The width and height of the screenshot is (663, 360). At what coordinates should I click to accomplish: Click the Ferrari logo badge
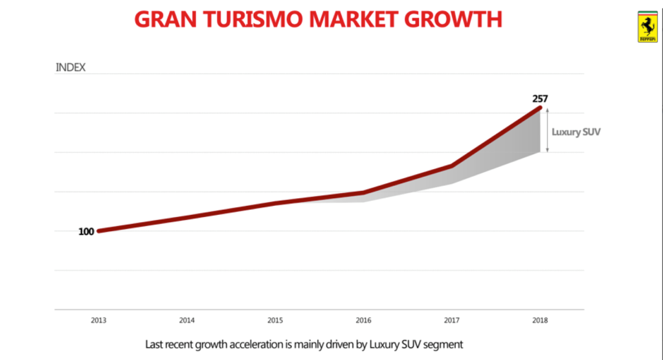pos(647,27)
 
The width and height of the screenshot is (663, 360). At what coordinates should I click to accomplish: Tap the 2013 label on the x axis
pos(98,320)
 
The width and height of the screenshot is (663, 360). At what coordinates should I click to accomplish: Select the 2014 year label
pos(187,320)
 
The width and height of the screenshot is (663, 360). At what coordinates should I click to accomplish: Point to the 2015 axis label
pos(275,320)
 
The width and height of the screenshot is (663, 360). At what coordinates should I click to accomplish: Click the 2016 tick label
pos(363,320)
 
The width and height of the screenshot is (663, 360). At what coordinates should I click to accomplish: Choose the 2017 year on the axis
pos(451,320)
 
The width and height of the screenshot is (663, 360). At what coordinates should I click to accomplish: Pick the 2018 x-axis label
pos(539,320)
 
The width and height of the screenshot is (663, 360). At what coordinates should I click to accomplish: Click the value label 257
pos(540,99)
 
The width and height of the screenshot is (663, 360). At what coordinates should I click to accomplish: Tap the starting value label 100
pos(86,231)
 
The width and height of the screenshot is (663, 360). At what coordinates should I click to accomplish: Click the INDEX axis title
pos(71,67)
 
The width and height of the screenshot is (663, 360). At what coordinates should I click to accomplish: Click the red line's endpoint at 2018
pos(539,108)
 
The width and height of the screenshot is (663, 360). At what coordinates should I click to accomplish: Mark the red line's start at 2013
pos(98,231)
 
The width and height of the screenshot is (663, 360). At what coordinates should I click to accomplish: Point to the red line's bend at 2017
pos(451,166)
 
